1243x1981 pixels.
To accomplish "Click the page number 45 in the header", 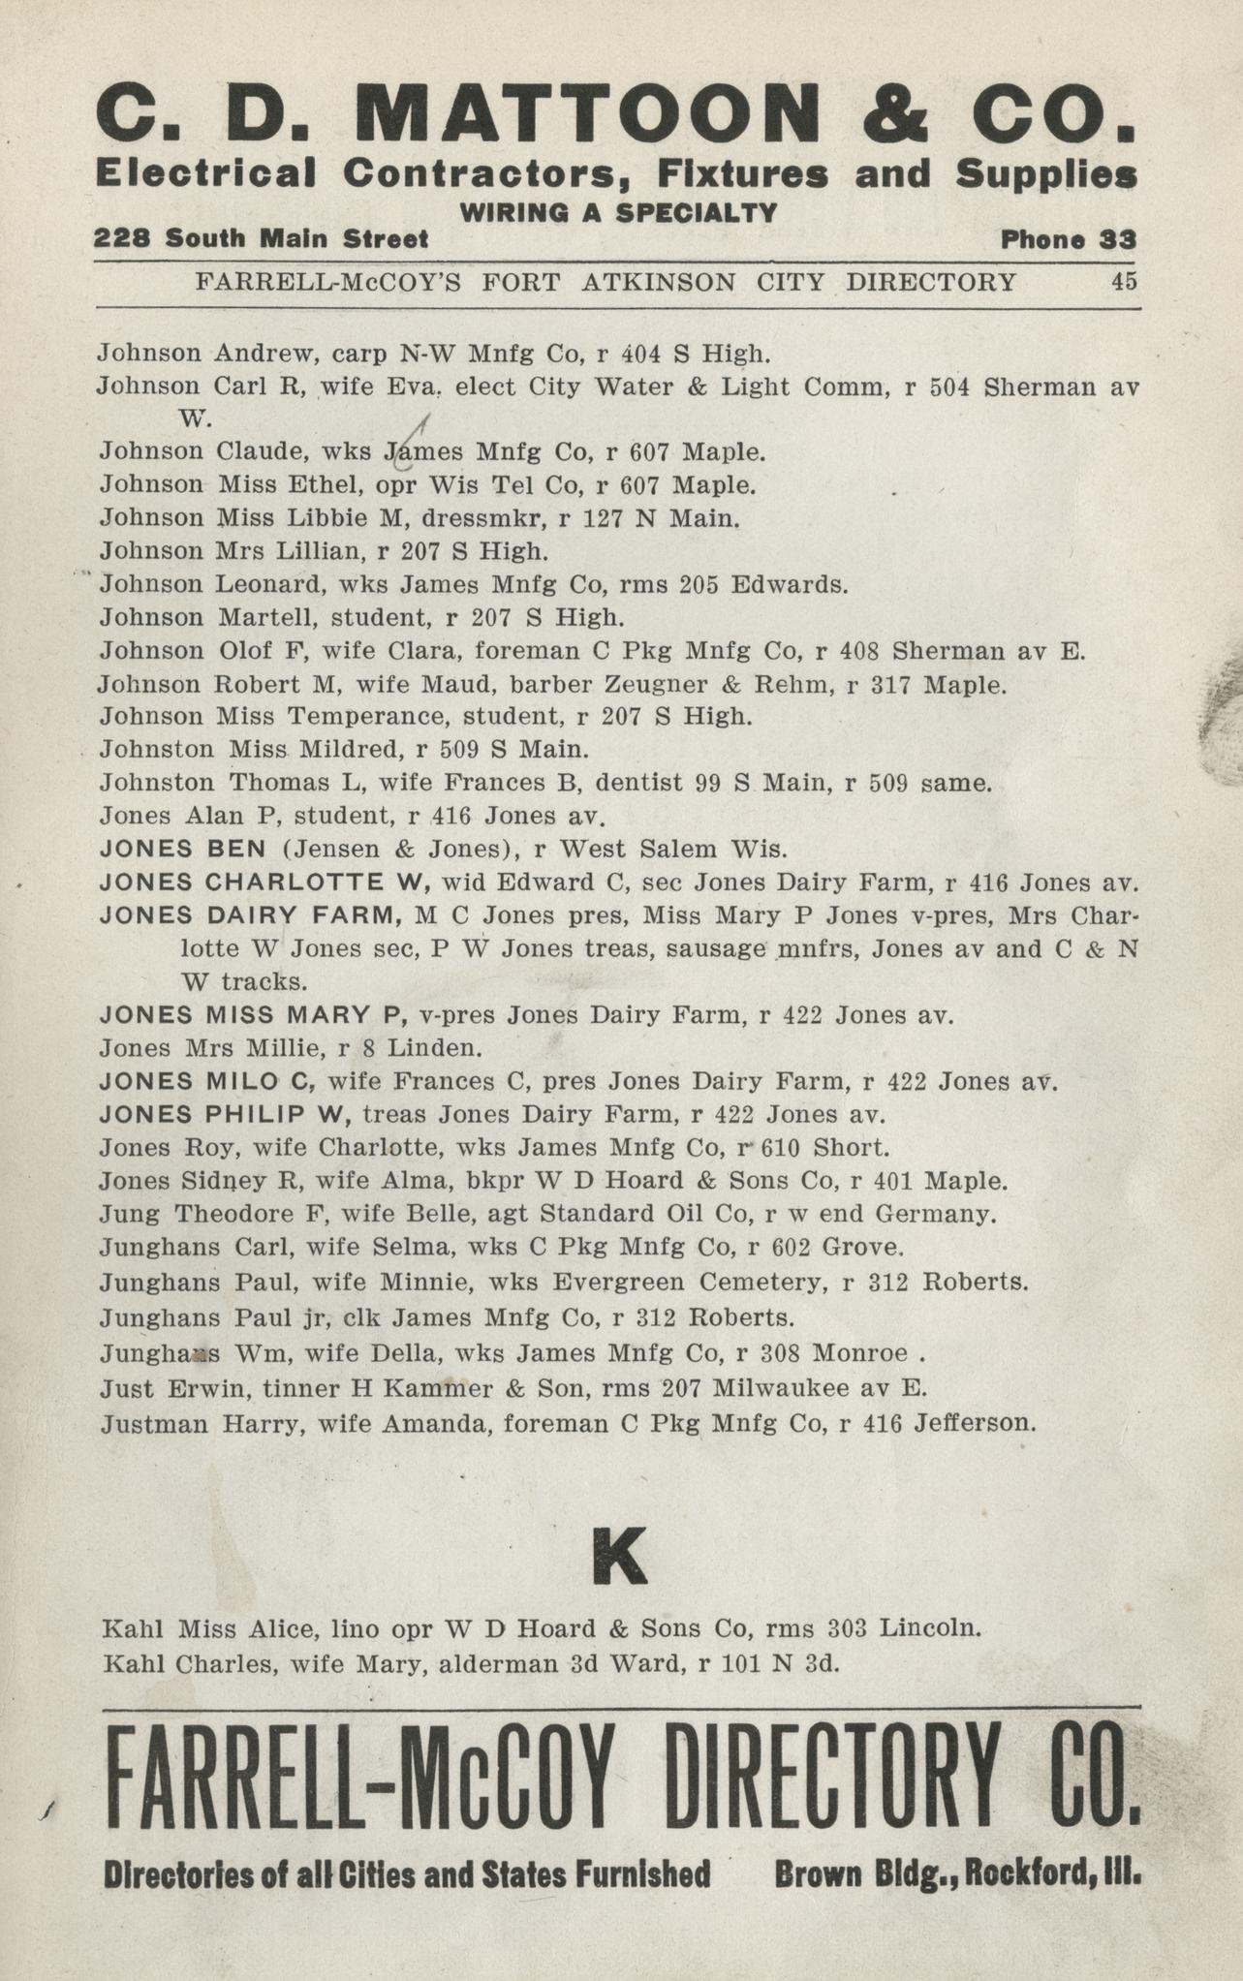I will pyautogui.click(x=1124, y=282).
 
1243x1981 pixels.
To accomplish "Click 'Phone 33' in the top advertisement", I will pyautogui.click(x=1069, y=239).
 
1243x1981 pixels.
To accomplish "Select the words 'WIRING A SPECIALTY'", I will pyautogui.click(x=619, y=212).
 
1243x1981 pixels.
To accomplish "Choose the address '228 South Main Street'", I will pyautogui.click(x=262, y=239).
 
